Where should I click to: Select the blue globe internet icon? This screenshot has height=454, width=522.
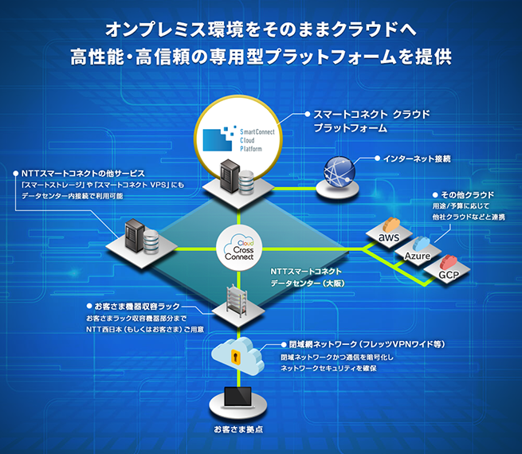340,171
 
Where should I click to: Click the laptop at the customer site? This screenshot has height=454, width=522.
237,397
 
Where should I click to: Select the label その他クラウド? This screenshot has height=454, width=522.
468,194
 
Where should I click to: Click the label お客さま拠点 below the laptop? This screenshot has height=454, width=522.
238,430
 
